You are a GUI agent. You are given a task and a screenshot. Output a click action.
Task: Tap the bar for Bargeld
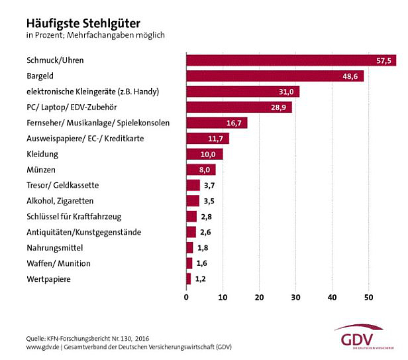pyautogui.click(x=274, y=76)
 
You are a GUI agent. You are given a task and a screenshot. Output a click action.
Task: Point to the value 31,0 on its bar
pyautogui.click(x=287, y=91)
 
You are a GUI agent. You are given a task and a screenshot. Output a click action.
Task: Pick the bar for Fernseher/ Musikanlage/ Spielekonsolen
pyautogui.click(x=216, y=123)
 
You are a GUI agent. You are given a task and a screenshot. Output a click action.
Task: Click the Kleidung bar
pyautogui.click(x=204, y=154)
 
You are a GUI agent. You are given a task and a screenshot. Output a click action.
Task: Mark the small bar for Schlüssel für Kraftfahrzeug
pyautogui.click(x=191, y=216)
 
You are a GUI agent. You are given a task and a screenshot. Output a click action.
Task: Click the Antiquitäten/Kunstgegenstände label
pyautogui.click(x=83, y=232)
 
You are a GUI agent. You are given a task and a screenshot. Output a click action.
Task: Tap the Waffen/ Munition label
pyautogui.click(x=58, y=263)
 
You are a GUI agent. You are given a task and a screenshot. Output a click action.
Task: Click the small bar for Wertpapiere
pyautogui.click(x=188, y=279)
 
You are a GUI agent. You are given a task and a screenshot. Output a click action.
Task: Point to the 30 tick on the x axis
pyautogui.click(x=296, y=296)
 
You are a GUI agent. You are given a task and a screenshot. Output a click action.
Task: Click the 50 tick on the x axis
pyautogui.click(x=370, y=296)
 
